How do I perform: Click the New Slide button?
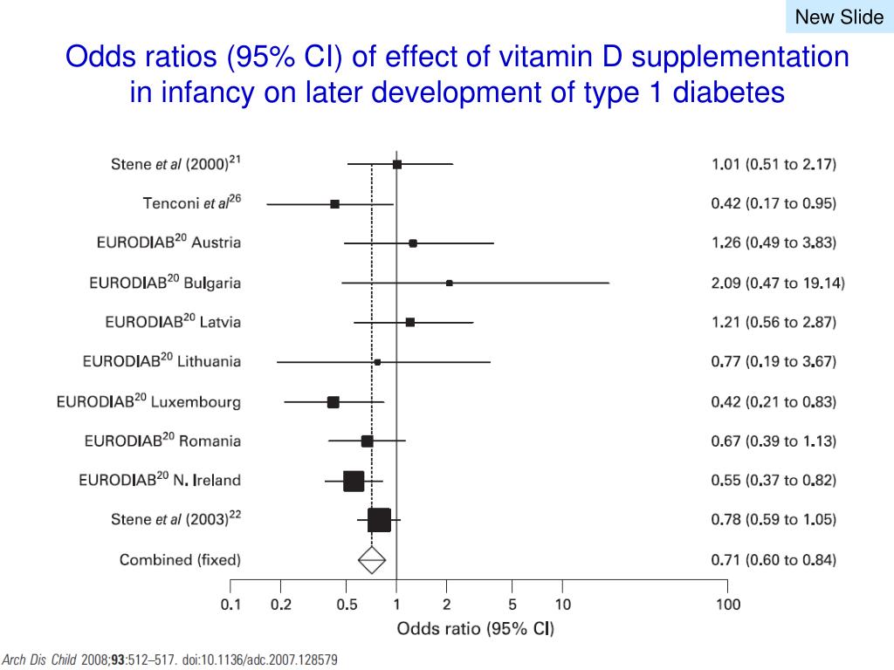(839, 17)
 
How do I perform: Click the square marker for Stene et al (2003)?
(379, 520)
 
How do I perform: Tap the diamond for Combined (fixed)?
(372, 559)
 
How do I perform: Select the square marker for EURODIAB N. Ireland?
(354, 481)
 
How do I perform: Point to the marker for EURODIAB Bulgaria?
(450, 283)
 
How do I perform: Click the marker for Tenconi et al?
(334, 204)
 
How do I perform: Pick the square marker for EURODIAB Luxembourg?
(334, 402)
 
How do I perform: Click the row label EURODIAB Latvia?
(173, 322)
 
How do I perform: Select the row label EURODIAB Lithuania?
(162, 361)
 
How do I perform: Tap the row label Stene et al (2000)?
(175, 164)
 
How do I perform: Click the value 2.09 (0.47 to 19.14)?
(778, 283)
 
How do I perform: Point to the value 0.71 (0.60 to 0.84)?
(774, 559)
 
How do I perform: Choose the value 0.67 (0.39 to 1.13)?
(774, 441)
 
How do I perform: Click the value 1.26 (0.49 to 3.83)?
(774, 243)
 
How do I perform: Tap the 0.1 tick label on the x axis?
(230, 605)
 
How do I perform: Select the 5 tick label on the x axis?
(512, 605)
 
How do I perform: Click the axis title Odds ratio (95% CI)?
(475, 628)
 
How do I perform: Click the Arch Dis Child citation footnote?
(170, 660)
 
